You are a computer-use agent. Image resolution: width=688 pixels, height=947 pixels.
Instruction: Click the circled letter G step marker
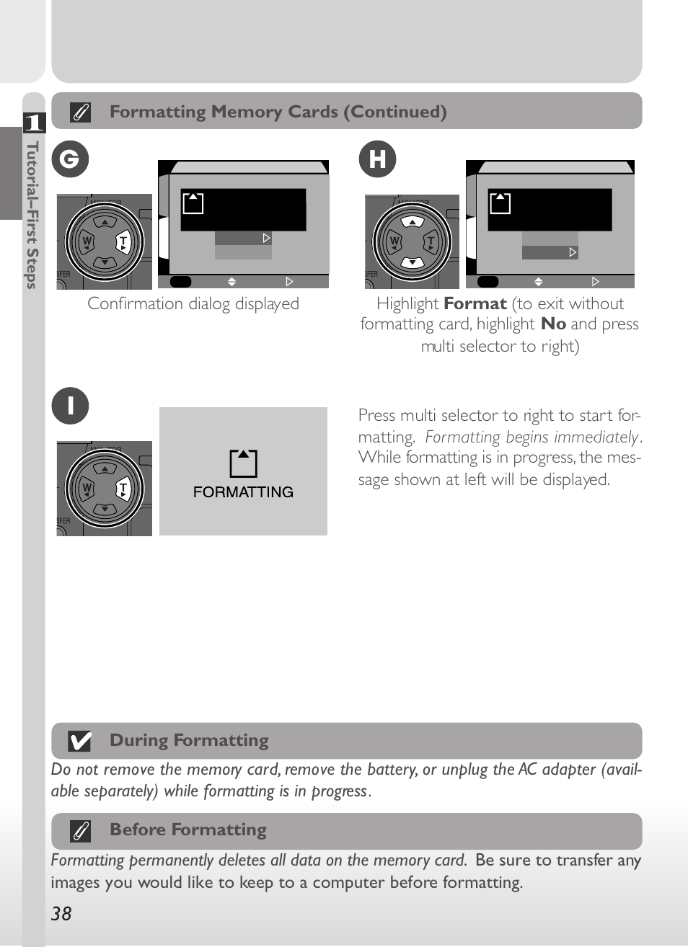(x=70, y=159)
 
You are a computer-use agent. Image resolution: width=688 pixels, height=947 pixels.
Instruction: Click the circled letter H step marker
(x=377, y=159)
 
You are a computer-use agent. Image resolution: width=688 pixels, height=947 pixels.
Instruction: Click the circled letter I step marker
(x=70, y=406)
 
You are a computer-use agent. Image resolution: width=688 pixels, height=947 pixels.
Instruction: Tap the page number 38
(x=61, y=914)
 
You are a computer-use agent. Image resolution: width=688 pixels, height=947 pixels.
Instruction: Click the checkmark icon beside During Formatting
(x=79, y=741)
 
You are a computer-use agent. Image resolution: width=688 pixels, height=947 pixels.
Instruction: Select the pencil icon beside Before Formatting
(x=81, y=831)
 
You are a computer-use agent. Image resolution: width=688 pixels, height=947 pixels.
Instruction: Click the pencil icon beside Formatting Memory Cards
(x=80, y=112)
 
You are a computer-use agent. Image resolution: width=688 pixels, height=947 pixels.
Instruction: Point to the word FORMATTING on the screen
(x=243, y=492)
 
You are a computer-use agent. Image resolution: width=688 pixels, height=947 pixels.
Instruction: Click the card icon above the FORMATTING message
(x=243, y=463)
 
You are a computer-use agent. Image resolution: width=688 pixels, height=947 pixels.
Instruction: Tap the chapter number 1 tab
(x=34, y=123)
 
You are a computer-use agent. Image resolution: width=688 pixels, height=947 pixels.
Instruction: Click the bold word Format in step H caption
(x=475, y=304)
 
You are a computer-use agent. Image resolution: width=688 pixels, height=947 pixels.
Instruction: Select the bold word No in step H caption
(x=553, y=324)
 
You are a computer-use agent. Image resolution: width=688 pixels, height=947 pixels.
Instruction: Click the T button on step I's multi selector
(x=123, y=489)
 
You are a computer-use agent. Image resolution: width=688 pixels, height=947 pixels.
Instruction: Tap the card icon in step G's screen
(x=193, y=203)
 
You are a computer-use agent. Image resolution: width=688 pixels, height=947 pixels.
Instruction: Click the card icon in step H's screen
(x=500, y=203)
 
